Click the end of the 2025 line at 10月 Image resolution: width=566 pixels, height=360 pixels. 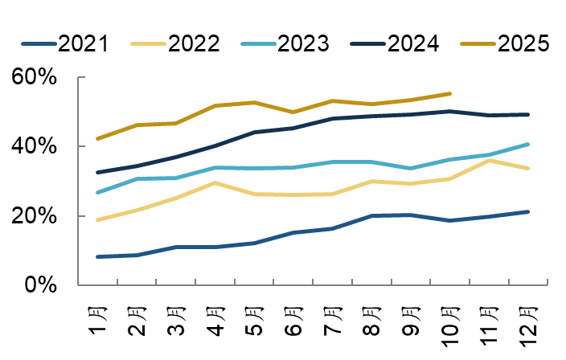tap(450, 93)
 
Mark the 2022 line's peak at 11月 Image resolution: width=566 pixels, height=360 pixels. tap(490, 161)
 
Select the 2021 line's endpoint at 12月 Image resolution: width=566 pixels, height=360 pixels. tap(529, 211)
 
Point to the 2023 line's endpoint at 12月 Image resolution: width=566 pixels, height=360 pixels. tap(529, 144)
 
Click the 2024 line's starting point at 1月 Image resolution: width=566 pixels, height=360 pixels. tap(96, 172)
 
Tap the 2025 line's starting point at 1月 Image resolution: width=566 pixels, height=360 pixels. tap(96, 139)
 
